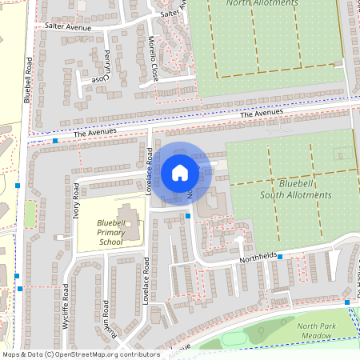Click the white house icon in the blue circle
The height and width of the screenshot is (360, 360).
coord(180,172)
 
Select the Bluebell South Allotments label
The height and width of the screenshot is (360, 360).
coord(286,189)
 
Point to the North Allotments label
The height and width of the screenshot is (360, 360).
coord(262,3)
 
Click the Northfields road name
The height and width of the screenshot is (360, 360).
coord(260,261)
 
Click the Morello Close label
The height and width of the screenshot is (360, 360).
coord(153,55)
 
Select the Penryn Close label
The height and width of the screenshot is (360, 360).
coord(102,69)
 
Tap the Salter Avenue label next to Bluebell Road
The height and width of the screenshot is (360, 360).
coord(69,26)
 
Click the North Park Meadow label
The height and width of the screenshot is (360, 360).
coord(314,331)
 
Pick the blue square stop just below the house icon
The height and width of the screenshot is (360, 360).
coord(188,215)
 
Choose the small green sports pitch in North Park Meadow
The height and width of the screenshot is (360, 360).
coord(234,339)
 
